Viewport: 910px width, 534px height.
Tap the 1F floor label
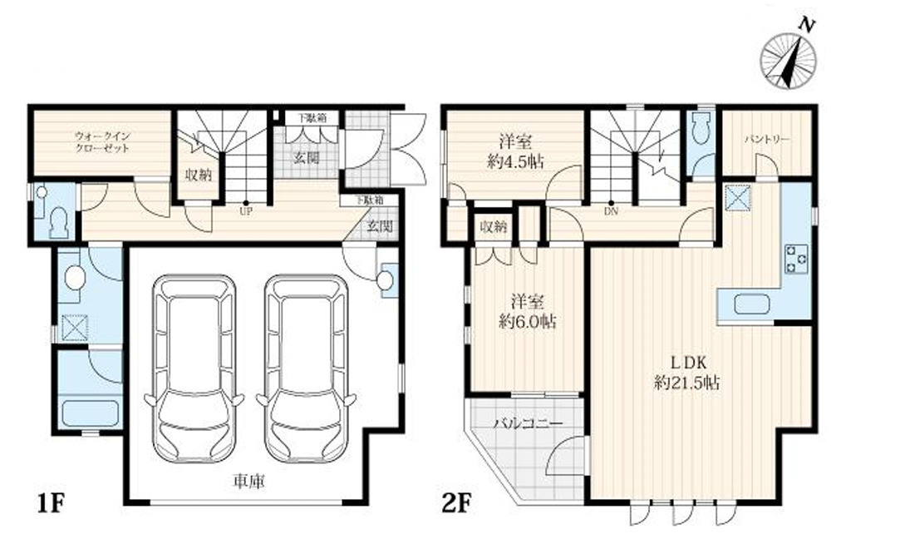pyautogui.click(x=50, y=504)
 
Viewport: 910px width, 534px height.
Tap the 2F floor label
pyautogui.click(x=455, y=504)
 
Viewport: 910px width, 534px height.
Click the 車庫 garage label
pyautogui.click(x=250, y=482)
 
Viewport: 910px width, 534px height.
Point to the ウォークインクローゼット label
pyautogui.click(x=102, y=141)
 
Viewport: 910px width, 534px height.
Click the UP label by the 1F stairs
pyautogui.click(x=246, y=211)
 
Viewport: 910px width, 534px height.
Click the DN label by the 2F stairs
pyautogui.click(x=612, y=211)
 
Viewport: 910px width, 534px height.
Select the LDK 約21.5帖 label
pyautogui.click(x=686, y=373)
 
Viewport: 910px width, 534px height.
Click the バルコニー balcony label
pyautogui.click(x=527, y=423)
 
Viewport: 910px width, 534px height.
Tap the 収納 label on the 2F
pyautogui.click(x=489, y=227)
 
